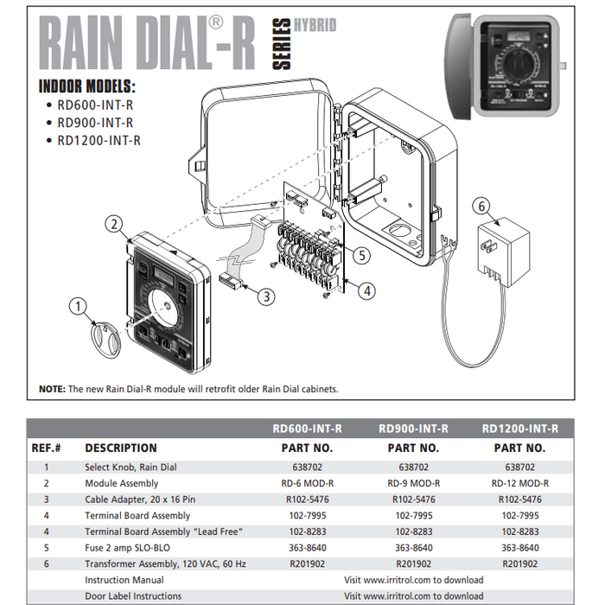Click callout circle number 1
pyautogui.click(x=79, y=305)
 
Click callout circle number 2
pyautogui.click(x=114, y=224)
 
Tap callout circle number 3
pyautogui.click(x=266, y=296)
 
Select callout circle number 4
pyautogui.click(x=367, y=291)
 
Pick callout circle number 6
pyautogui.click(x=483, y=206)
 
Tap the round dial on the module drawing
pyautogui.click(x=162, y=307)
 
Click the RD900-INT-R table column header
pyautogui.click(x=413, y=429)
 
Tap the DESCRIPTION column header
pyautogui.click(x=121, y=448)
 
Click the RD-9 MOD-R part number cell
pyautogui.click(x=413, y=483)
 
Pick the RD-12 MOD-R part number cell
pyautogui.click(x=519, y=483)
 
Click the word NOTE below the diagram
pyautogui.click(x=52, y=389)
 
